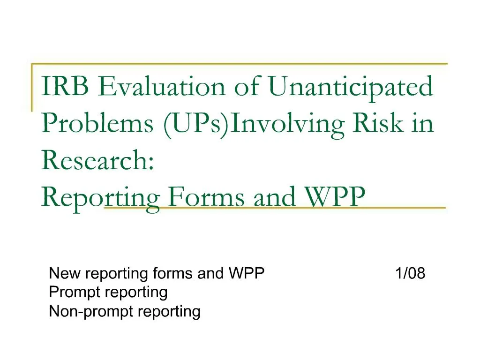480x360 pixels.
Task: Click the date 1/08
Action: tap(410, 273)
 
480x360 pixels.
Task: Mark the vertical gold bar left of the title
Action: tap(32, 87)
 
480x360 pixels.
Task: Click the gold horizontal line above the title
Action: tap(239, 63)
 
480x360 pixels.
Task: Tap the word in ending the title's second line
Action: tap(424, 124)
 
